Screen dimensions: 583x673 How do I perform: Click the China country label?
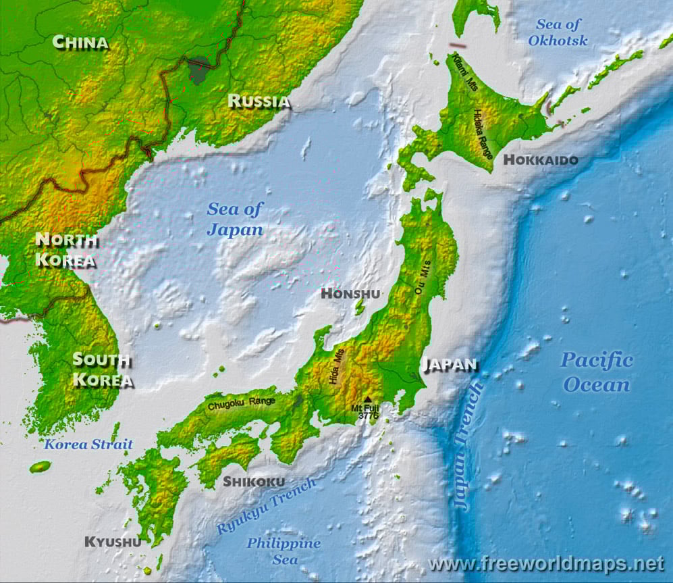coord(80,43)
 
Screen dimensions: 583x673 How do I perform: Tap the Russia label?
coord(259,101)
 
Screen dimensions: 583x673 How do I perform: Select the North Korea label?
coord(65,249)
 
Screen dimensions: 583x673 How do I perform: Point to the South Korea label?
coord(103,370)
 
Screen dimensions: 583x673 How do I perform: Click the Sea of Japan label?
coord(234,219)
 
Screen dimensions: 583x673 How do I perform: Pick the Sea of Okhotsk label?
coord(558,32)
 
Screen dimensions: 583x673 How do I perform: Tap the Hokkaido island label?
coord(541,160)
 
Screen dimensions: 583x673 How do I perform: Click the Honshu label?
coord(350,293)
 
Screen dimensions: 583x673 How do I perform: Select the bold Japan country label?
coord(450,364)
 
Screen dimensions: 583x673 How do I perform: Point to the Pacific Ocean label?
coord(597,372)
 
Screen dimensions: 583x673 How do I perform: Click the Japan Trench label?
coord(469,444)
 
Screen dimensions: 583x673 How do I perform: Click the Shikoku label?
coord(254,482)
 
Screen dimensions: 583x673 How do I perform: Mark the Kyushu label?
coord(113,541)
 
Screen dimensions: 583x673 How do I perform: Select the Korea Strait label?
coord(88,445)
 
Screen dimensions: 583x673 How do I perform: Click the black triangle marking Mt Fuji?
coord(368,399)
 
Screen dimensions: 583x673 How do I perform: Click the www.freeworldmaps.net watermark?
coord(546,563)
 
